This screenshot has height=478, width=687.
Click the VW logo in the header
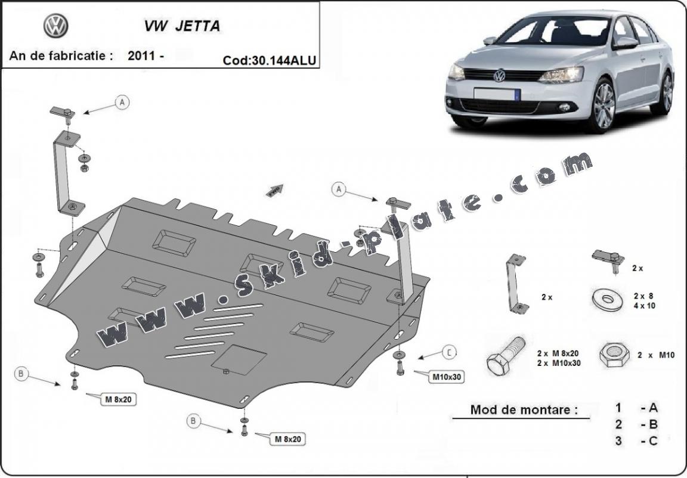(56, 26)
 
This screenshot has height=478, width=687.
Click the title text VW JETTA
(181, 26)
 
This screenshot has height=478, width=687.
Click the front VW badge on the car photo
(499, 76)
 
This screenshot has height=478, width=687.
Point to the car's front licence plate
(497, 94)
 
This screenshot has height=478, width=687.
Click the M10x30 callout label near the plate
(447, 376)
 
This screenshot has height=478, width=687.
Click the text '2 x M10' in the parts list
(655, 355)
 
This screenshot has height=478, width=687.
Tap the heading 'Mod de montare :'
(524, 409)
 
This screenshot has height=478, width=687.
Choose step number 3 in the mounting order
(619, 441)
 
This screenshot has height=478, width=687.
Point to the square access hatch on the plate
(239, 361)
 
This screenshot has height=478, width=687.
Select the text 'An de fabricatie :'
(61, 56)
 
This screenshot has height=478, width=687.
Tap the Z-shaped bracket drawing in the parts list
(515, 283)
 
